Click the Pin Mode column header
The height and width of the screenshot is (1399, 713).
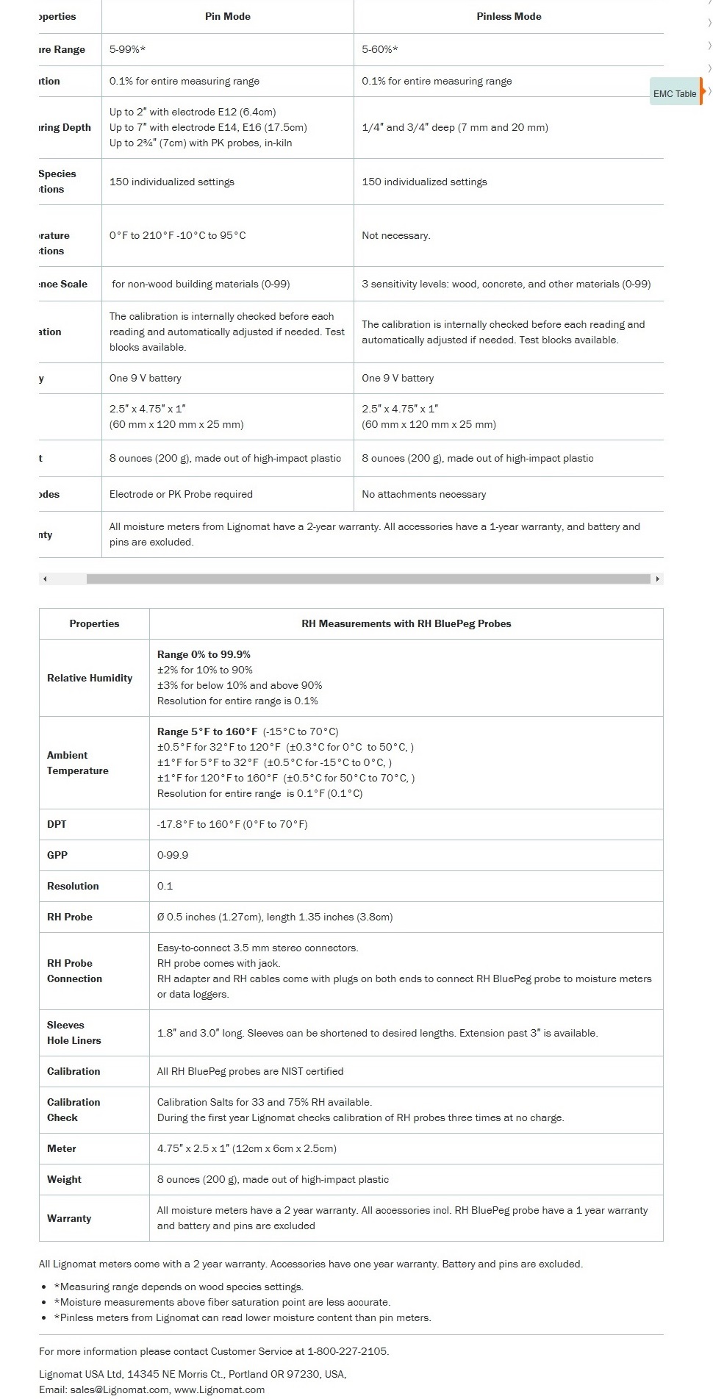click(227, 16)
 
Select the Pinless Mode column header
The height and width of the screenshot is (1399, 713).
click(509, 16)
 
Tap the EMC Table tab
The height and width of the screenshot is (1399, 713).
click(675, 93)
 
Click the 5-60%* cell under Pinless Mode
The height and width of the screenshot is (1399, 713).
click(380, 49)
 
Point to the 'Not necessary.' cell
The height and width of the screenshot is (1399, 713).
click(396, 235)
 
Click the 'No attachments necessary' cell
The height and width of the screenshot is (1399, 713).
click(423, 494)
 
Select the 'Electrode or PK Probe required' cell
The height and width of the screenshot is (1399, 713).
click(181, 494)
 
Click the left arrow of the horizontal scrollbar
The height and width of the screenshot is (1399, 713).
click(45, 579)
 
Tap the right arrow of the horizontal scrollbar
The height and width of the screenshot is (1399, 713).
click(658, 579)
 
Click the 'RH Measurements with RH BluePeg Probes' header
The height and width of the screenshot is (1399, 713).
click(406, 623)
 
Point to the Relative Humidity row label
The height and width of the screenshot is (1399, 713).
click(90, 678)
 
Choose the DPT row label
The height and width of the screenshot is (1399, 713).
click(57, 824)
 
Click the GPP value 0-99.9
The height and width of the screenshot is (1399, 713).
click(173, 855)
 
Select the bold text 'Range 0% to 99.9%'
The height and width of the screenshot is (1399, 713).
click(204, 654)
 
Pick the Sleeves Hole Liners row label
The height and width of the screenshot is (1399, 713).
click(74, 1033)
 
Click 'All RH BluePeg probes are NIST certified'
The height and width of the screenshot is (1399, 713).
click(250, 1071)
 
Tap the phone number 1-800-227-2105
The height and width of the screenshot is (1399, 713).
click(347, 1351)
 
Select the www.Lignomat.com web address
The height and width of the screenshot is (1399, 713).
click(219, 1389)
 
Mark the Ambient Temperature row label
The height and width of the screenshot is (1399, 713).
click(77, 763)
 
